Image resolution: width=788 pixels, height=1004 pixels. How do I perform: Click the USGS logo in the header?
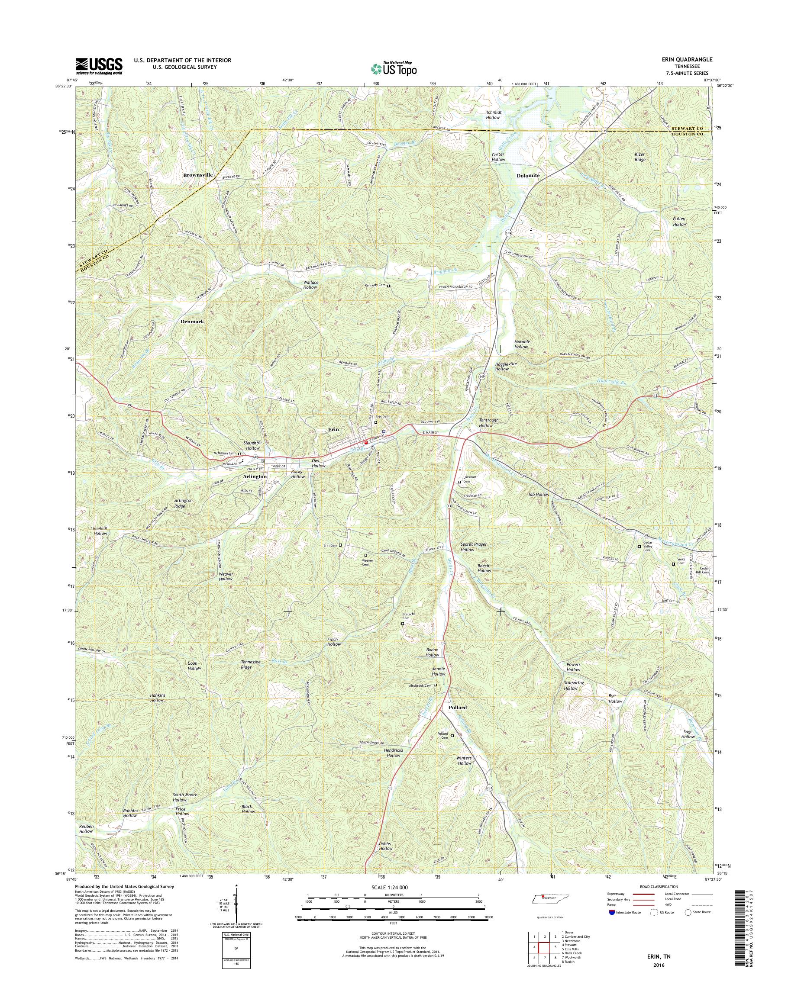(99, 66)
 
